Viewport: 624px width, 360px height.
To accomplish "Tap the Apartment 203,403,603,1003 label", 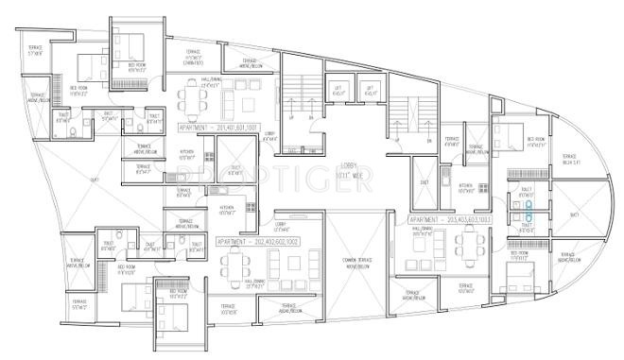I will (450, 219).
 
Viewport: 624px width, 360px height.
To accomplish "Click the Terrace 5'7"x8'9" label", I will (37, 50).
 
